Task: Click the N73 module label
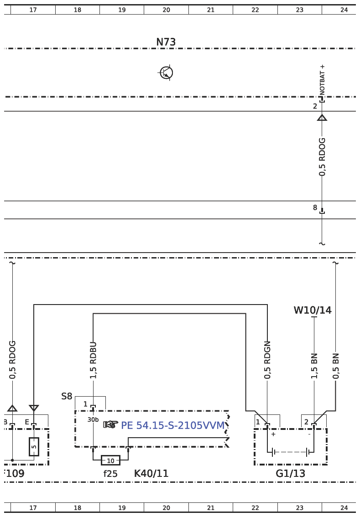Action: (x=166, y=42)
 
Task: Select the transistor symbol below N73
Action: (x=166, y=72)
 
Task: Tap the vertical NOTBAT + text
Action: (x=323, y=80)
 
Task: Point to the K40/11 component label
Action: (x=151, y=474)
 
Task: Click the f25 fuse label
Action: (x=110, y=474)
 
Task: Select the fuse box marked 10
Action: (x=110, y=461)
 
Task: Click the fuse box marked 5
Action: (x=34, y=447)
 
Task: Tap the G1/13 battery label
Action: (x=290, y=474)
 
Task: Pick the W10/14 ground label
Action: (x=313, y=310)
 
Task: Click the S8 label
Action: (x=67, y=396)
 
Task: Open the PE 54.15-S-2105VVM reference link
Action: (x=172, y=425)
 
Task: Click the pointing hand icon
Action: (x=110, y=425)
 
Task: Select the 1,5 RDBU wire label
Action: (x=93, y=360)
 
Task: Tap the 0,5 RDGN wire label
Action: (x=267, y=360)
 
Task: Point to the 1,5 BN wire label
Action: (x=314, y=366)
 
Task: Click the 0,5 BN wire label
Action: (x=336, y=366)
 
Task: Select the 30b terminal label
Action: (x=93, y=419)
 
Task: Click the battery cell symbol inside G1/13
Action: (x=291, y=452)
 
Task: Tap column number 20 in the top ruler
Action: (x=166, y=10)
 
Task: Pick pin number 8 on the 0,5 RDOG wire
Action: (x=315, y=208)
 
